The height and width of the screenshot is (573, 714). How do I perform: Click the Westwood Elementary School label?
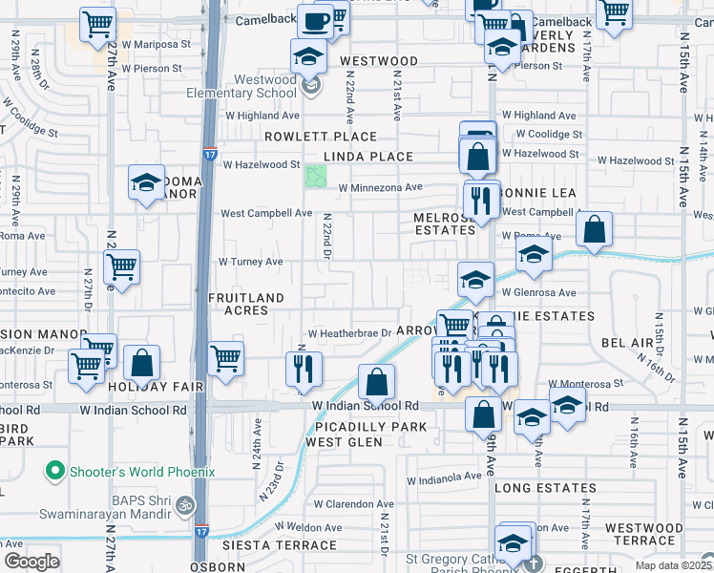point(251,86)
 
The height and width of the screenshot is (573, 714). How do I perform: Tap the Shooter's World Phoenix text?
point(143,471)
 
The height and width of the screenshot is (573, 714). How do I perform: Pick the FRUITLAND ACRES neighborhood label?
point(245,304)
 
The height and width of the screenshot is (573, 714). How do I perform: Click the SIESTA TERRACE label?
point(280,545)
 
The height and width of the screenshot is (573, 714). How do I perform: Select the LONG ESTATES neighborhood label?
point(545,488)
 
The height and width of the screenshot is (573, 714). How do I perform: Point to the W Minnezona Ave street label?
point(380,187)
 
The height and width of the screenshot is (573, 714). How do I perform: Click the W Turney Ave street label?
point(251,261)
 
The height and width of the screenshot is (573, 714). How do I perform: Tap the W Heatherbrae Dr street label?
point(349,333)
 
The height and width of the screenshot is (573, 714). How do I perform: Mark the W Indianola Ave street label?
point(444,476)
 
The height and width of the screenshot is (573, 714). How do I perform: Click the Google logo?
point(31,561)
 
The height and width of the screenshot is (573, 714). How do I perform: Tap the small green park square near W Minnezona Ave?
point(315,177)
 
